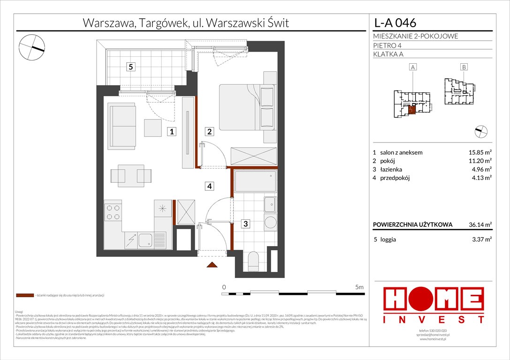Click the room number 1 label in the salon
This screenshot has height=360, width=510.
pyautogui.click(x=173, y=132)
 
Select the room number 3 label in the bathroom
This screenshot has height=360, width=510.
pyautogui.click(x=245, y=224)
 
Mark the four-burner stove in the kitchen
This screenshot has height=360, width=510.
pyautogui.click(x=113, y=212)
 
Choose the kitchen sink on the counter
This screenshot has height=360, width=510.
pyautogui.click(x=145, y=241)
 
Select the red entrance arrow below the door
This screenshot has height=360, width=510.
pyautogui.click(x=212, y=265)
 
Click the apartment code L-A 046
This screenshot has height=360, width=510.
pyautogui.click(x=394, y=22)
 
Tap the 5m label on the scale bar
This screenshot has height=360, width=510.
pyautogui.click(x=360, y=286)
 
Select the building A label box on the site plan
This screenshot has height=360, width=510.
pyautogui.click(x=413, y=67)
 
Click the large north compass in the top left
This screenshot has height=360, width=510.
pyautogui.click(x=32, y=46)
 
